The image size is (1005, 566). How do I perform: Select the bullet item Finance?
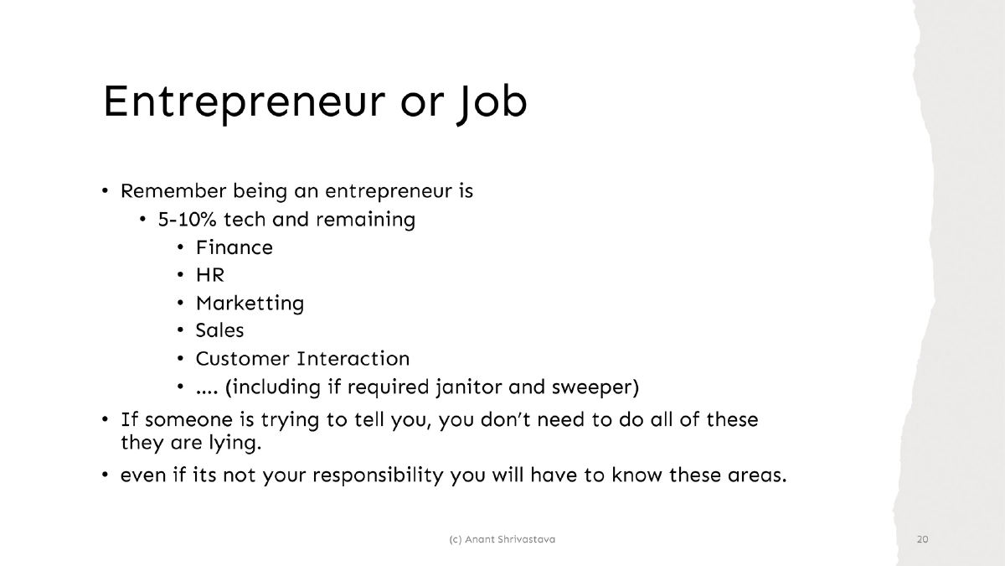tap(234, 247)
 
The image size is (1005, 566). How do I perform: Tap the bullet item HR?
tap(210, 275)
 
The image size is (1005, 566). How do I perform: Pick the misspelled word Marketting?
tap(250, 303)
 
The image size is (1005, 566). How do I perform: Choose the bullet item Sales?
tap(219, 330)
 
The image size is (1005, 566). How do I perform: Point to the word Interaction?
tap(353, 359)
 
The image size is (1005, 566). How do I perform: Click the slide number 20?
tap(923, 539)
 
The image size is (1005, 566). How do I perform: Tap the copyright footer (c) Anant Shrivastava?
tap(502, 539)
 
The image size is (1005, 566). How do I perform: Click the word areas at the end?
tap(753, 475)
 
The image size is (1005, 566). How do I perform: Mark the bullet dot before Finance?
tap(181, 248)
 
